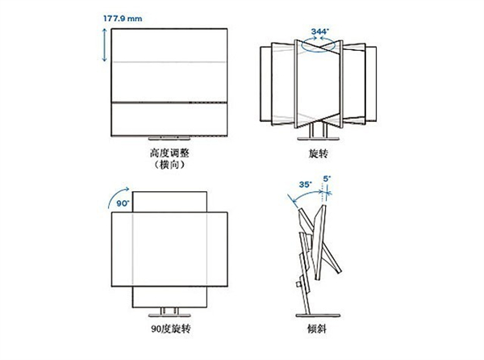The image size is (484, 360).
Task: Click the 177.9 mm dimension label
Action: tap(123, 19)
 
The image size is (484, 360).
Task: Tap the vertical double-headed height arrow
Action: tap(105, 44)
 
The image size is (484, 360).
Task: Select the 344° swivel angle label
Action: tap(320, 31)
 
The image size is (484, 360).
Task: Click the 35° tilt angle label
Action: tap(305, 184)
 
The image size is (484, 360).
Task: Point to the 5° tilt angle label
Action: tap(327, 178)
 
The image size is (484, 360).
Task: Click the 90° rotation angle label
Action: tap(123, 203)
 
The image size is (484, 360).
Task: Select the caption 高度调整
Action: tap(169, 153)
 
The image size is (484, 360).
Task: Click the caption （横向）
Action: tap(169, 165)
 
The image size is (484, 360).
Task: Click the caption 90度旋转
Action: tap(171, 329)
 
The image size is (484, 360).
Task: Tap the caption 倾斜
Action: tap(317, 329)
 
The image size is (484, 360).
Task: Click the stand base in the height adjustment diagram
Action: tap(169, 138)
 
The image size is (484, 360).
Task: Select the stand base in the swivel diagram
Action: tap(319, 139)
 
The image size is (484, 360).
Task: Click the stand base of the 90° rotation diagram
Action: tap(169, 316)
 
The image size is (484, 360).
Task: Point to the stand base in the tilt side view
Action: tap(318, 316)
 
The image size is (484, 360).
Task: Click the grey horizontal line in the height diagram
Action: tap(169, 62)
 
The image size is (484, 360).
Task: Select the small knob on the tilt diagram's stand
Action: tap(298, 284)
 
